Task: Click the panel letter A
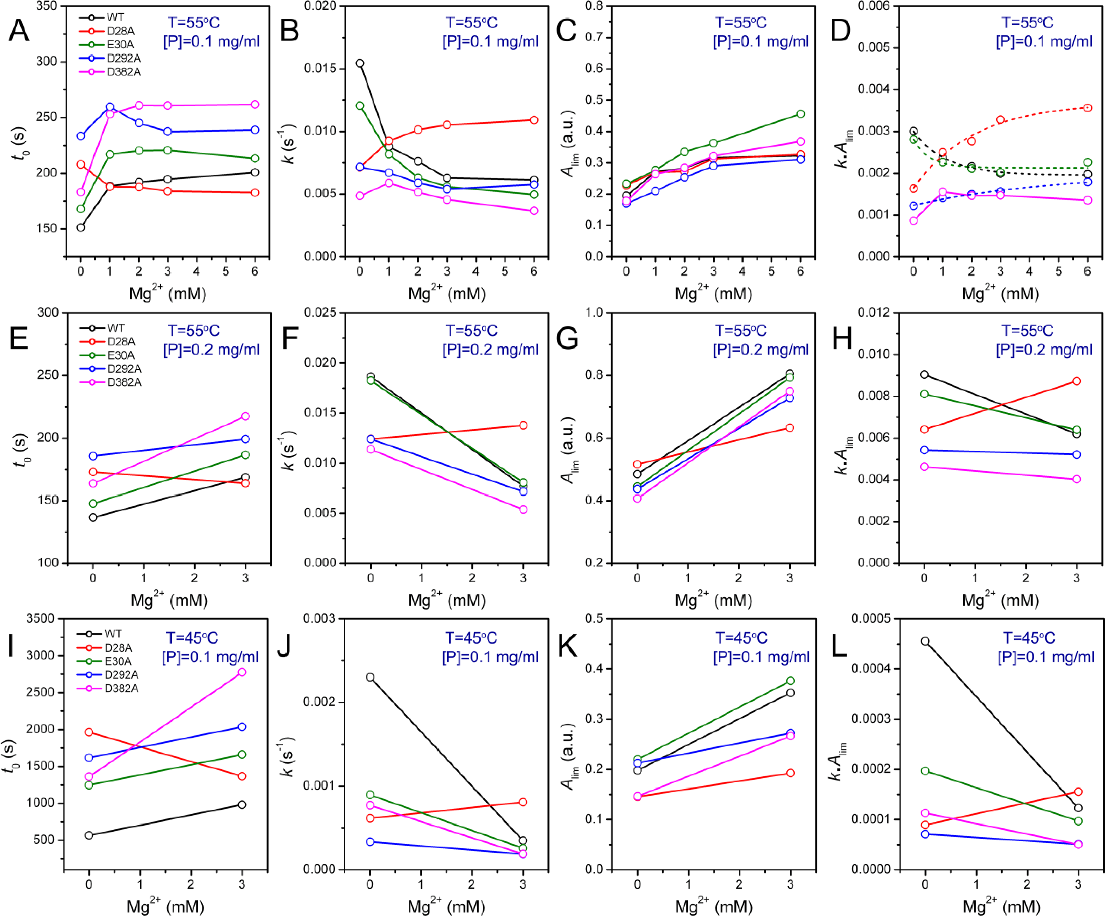tap(19, 31)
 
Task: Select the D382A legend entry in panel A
tap(123, 72)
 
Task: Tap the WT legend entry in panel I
tap(113, 634)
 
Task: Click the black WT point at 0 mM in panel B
tap(360, 63)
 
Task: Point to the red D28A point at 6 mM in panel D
tap(1087, 108)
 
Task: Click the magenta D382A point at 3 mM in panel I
tap(242, 672)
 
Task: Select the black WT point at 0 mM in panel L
tap(925, 641)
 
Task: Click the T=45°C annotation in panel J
tap(471, 638)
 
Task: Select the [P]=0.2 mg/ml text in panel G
tap(760, 350)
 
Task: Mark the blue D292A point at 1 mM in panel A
tap(110, 107)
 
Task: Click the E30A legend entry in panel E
tap(121, 355)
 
